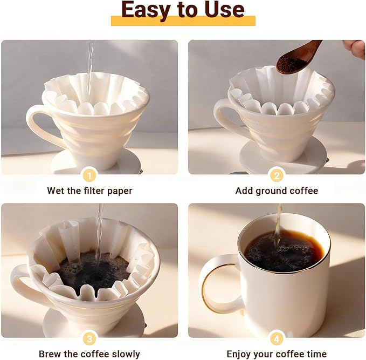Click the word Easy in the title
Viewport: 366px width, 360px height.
coord(144,10)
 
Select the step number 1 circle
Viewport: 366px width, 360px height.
coord(89,175)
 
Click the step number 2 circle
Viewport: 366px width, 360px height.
coord(277,175)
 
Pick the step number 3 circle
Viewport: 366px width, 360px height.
coord(89,338)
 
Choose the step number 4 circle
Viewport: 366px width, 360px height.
coord(277,338)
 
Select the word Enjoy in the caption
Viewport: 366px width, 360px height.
coord(240,354)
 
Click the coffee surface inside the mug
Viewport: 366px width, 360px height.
coord(284,252)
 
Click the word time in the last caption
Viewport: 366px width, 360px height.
coord(315,354)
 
